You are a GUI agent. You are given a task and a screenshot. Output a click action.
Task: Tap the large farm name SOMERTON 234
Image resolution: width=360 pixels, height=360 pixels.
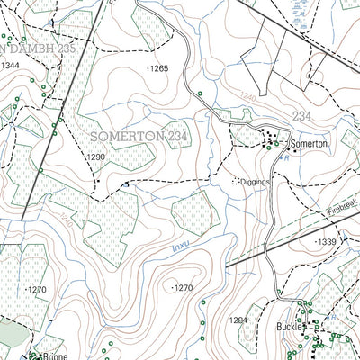coord(139,135)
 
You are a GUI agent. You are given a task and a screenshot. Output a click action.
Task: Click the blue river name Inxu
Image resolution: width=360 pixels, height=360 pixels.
coord(155,245)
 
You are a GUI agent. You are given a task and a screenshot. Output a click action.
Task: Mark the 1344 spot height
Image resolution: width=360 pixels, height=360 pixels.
coord(11,66)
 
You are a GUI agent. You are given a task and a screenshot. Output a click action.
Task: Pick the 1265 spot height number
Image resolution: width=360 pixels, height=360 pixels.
coord(159,68)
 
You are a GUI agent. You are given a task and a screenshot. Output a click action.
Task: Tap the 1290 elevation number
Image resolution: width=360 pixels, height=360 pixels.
coord(96,157)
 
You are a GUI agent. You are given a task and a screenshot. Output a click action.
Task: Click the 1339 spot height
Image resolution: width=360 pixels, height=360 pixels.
coord(326,242)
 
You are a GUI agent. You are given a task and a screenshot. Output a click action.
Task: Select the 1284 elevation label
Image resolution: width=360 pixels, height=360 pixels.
coord(238,319)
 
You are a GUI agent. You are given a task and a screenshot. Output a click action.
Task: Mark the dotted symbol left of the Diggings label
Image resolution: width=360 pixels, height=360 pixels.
coord(236,181)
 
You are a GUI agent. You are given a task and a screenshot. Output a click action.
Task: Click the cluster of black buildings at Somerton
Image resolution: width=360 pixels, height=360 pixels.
coord(271,141)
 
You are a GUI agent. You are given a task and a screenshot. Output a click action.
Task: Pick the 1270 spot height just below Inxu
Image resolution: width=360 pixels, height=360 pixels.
coord(183,288)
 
